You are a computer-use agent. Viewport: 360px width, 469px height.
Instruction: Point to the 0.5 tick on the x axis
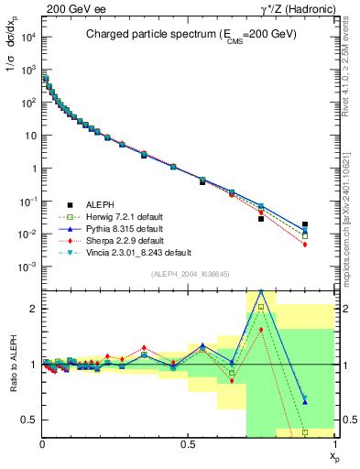tap(188, 443)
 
